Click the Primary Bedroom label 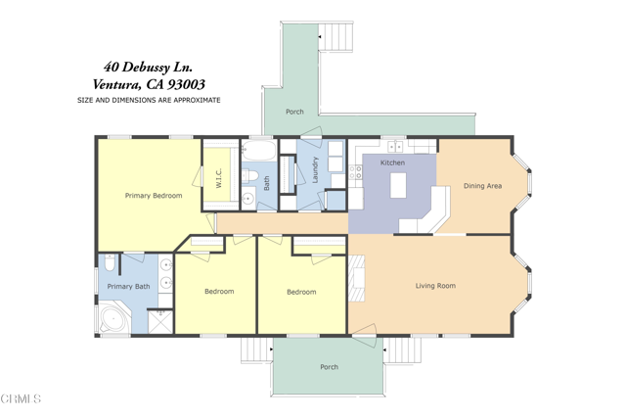154,196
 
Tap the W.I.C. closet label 218,177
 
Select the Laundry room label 315,170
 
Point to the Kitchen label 392,163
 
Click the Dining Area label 482,186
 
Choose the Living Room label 435,286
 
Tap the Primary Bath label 128,287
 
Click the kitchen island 398,185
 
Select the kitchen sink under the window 395,147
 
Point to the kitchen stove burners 356,172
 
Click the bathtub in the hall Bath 259,151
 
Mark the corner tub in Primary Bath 113,319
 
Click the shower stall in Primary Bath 160,322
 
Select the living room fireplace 357,279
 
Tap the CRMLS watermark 21,398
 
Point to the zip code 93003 186,84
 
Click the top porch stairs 335,37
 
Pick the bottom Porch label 330,367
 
